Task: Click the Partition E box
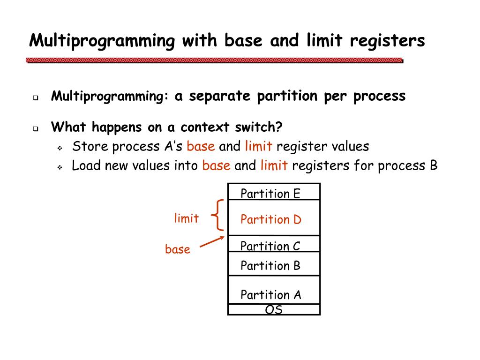click(274, 192)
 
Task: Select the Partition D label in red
click(270, 219)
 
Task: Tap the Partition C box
click(274, 244)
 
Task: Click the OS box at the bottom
click(274, 310)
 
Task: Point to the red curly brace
click(217, 215)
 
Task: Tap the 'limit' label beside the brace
click(186, 218)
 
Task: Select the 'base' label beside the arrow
click(178, 249)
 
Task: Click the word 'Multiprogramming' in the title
click(101, 41)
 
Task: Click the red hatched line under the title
click(215, 60)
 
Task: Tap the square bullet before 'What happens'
click(35, 129)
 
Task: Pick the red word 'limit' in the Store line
click(258, 146)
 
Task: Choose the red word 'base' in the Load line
click(216, 165)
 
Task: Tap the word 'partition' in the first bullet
click(287, 96)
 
